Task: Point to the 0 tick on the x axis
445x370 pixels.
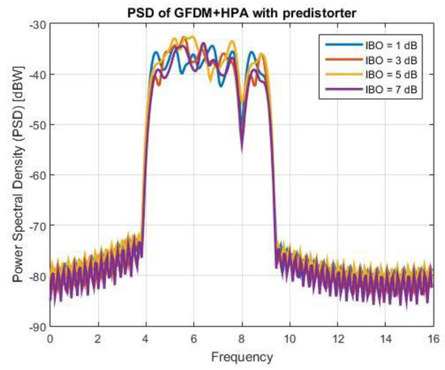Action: (50, 338)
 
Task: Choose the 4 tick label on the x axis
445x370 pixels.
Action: (146, 338)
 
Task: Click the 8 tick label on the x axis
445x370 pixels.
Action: (241, 338)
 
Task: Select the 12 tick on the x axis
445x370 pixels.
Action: (337, 338)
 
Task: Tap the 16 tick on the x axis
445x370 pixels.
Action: (431, 338)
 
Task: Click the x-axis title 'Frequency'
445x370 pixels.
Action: (241, 355)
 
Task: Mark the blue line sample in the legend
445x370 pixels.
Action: (338, 45)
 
